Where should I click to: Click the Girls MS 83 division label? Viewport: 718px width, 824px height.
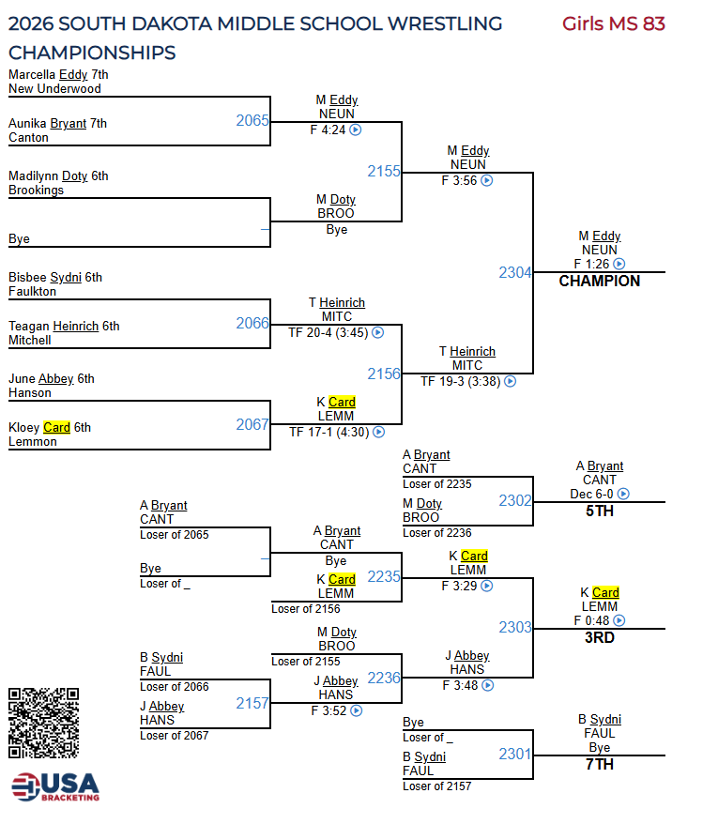[613, 23]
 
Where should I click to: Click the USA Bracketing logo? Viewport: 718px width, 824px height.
[55, 786]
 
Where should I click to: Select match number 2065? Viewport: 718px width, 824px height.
[252, 120]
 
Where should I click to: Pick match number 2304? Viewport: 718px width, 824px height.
[515, 272]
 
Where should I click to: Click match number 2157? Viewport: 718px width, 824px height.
[252, 703]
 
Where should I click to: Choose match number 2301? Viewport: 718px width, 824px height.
[515, 754]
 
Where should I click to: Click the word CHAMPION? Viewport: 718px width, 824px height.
[599, 281]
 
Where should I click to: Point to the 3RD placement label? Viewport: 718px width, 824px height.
[599, 637]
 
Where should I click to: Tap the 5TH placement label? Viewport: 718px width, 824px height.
[599, 511]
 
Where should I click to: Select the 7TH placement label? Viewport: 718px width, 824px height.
[599, 764]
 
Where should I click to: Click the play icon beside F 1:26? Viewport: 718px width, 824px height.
[619, 265]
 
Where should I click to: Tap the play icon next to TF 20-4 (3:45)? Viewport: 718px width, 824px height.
[377, 331]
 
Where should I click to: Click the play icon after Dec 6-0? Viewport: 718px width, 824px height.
[623, 494]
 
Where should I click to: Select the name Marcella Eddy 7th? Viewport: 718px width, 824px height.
[58, 74]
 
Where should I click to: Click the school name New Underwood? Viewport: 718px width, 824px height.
[54, 88]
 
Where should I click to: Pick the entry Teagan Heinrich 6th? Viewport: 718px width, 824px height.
[64, 327]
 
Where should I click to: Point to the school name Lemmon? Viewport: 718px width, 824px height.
[33, 441]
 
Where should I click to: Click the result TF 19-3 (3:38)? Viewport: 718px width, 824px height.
[460, 381]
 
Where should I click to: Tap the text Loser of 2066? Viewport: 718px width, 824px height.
[175, 686]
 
